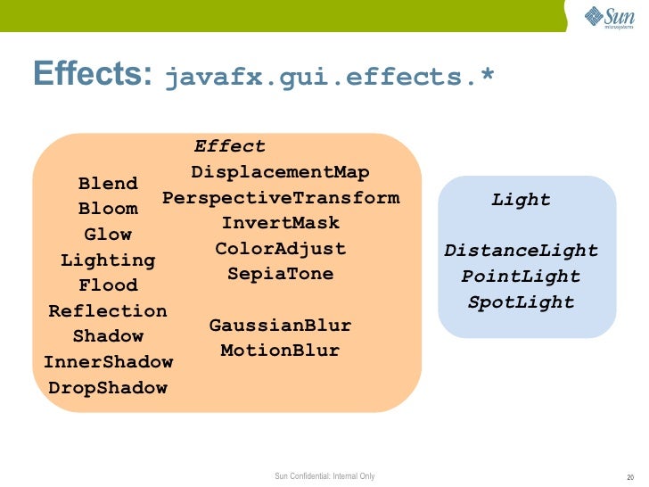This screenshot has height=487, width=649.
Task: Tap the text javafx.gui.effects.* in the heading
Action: pyautogui.click(x=329, y=78)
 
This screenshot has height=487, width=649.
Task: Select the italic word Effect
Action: pyautogui.click(x=230, y=146)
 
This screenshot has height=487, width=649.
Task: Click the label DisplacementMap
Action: pyautogui.click(x=280, y=172)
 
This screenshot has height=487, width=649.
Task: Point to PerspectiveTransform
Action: pyautogui.click(x=281, y=197)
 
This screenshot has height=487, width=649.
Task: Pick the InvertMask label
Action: pyautogui.click(x=280, y=223)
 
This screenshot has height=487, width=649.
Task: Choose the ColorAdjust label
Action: pyautogui.click(x=280, y=249)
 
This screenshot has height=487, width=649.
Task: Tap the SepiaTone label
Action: pyautogui.click(x=280, y=274)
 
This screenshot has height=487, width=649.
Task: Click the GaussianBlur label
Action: pyautogui.click(x=280, y=326)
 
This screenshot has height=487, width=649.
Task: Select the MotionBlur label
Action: pyautogui.click(x=280, y=351)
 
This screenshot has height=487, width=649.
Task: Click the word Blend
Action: pyautogui.click(x=108, y=184)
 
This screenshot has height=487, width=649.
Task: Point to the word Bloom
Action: pyautogui.click(x=108, y=210)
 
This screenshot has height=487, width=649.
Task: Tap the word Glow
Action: pyautogui.click(x=108, y=235)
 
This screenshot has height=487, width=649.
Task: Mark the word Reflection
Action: pyautogui.click(x=108, y=311)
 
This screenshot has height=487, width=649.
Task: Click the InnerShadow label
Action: pyautogui.click(x=108, y=363)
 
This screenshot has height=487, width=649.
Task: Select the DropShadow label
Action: pyautogui.click(x=108, y=388)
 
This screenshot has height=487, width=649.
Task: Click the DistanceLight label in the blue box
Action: pyautogui.click(x=522, y=251)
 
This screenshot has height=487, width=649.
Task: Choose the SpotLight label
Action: pyautogui.click(x=522, y=302)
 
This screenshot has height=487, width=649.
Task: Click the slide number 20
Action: pyautogui.click(x=630, y=476)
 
